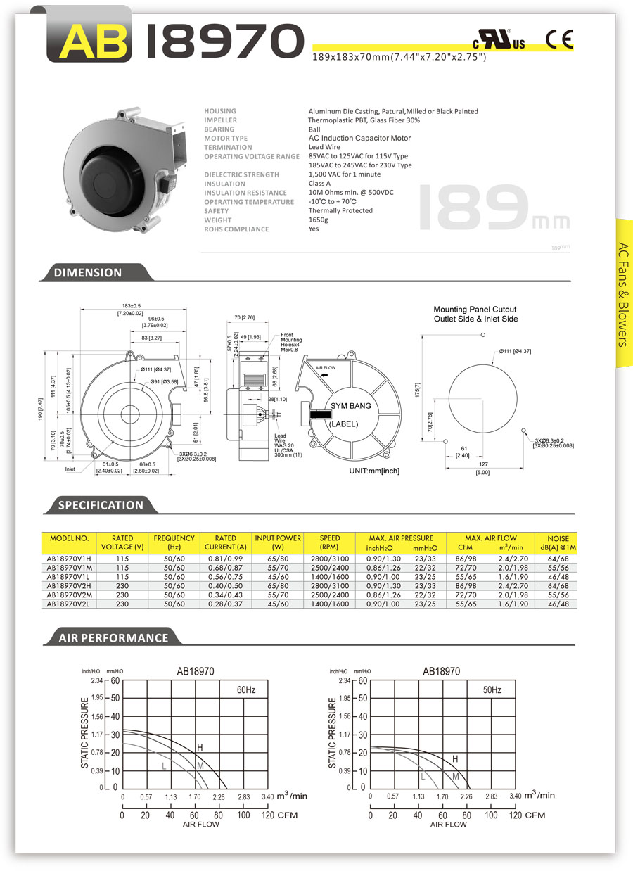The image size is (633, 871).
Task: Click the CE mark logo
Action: coord(560,39)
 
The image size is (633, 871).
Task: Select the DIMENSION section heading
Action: coord(88,273)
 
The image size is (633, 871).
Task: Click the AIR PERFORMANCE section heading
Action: coord(113,638)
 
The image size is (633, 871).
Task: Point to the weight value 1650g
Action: coord(319,220)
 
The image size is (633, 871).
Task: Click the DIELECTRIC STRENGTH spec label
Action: coord(241,174)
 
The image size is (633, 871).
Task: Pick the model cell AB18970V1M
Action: coord(69,567)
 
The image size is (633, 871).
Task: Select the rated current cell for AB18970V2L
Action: coord(225,604)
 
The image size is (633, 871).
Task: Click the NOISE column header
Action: coord(557,542)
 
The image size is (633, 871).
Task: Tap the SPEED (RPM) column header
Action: coord(329,542)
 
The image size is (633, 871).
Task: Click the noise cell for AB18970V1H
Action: coord(557,558)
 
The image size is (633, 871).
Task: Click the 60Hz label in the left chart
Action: coord(245,690)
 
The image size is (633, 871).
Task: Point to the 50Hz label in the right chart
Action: coord(492,690)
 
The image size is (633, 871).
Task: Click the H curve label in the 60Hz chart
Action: coord(200,746)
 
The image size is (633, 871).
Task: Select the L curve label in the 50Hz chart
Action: coord(423,777)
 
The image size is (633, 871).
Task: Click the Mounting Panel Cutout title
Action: coord(475,314)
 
